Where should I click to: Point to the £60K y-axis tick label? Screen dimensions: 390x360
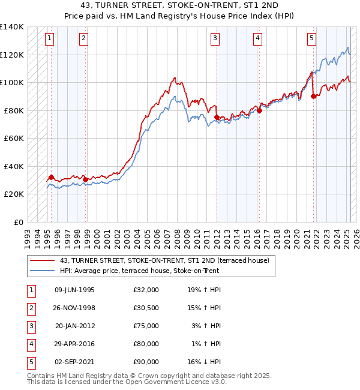14,138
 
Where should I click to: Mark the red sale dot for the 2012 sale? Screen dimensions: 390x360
217,118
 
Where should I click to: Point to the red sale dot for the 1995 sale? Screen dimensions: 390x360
51,178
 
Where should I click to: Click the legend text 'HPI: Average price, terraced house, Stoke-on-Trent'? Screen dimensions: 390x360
139,271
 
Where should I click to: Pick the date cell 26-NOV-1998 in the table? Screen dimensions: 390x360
74,308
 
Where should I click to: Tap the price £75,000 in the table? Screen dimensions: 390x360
146,326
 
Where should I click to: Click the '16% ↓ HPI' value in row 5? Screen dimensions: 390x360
203,362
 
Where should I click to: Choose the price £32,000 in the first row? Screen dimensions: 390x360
146,290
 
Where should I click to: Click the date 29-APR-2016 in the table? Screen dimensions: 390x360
74,344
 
